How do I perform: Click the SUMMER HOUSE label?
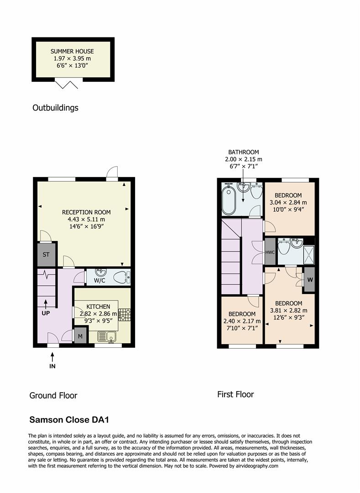(x=73, y=52)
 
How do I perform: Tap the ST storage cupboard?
(x=46, y=255)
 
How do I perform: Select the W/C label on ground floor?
(x=99, y=280)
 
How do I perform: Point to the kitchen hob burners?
(x=124, y=315)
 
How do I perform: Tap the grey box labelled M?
(x=80, y=336)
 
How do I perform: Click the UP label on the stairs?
(x=46, y=314)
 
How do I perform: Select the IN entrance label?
(x=52, y=366)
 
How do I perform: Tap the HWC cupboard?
(x=270, y=252)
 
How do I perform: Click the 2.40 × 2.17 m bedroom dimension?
(x=242, y=321)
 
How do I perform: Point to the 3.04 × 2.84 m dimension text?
(x=287, y=202)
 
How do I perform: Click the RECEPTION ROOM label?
(x=86, y=212)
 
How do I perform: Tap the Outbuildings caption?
(x=55, y=108)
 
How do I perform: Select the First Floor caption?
(x=235, y=394)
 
